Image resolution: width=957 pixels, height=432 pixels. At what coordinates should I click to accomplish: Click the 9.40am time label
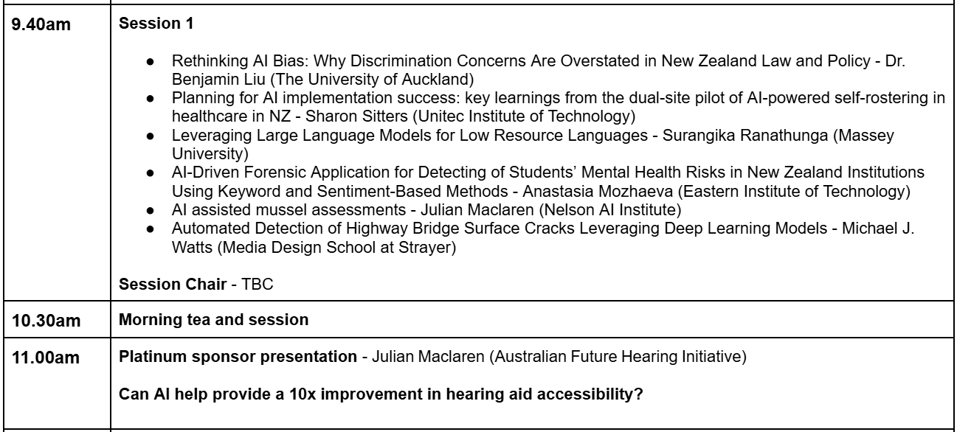(x=41, y=24)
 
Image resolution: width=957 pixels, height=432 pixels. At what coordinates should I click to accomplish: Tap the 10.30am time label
(x=46, y=321)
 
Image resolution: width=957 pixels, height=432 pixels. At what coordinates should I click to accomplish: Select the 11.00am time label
(x=46, y=358)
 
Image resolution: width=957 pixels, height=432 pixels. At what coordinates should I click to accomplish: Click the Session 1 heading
(x=156, y=23)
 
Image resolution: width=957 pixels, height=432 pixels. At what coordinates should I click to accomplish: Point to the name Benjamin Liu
(x=218, y=80)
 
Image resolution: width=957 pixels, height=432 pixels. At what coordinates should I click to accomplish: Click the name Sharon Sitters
(x=356, y=116)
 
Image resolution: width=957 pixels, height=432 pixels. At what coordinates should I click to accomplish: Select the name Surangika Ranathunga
(x=745, y=136)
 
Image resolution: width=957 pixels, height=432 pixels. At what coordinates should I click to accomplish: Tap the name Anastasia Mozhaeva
(x=598, y=191)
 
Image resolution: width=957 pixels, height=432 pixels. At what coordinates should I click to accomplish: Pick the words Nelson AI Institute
(x=610, y=210)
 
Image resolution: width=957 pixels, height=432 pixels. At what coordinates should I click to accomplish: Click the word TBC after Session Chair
(x=258, y=285)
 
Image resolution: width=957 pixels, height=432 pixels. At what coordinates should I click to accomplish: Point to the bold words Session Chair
(x=173, y=285)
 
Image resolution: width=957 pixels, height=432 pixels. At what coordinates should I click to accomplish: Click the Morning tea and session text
(x=214, y=320)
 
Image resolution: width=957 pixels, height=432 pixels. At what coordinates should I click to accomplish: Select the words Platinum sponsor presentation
(x=238, y=357)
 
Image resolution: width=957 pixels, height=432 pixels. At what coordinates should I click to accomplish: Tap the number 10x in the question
(x=303, y=394)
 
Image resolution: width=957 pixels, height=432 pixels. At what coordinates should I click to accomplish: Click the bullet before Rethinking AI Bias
(x=150, y=62)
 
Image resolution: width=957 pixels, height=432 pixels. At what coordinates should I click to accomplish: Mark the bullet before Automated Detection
(x=150, y=229)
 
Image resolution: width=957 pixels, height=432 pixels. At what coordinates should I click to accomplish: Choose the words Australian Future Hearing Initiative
(x=618, y=357)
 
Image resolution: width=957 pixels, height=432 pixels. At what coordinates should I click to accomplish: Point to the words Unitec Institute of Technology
(x=526, y=116)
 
